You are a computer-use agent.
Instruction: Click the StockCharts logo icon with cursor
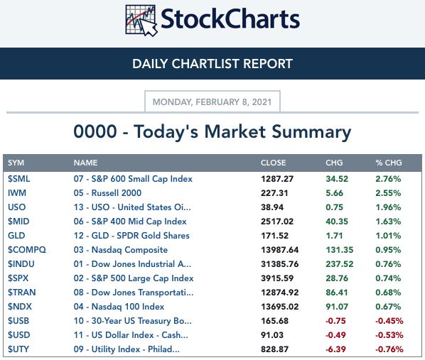[x=141, y=21]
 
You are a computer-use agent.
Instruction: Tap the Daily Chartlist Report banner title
[x=212, y=64]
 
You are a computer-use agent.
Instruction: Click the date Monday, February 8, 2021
[x=212, y=102]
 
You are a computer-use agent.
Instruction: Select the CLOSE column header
[x=273, y=163]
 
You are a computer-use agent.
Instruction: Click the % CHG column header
[x=389, y=163]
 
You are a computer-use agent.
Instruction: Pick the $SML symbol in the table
[x=18, y=179]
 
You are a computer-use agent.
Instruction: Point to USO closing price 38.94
[x=272, y=207]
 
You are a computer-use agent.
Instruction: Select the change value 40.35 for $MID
[x=337, y=222]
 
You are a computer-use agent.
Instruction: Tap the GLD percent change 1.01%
[x=388, y=236]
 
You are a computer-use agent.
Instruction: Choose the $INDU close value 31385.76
[x=280, y=264]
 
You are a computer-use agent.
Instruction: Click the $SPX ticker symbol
[x=18, y=278]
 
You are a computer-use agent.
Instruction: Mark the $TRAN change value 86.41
[x=337, y=293]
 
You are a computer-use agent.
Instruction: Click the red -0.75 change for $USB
[x=335, y=321]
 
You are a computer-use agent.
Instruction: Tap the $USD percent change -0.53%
[x=389, y=335]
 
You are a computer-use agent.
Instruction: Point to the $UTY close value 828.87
[x=274, y=349]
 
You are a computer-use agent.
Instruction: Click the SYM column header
[x=16, y=163]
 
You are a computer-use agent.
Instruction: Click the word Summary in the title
[x=311, y=132]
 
